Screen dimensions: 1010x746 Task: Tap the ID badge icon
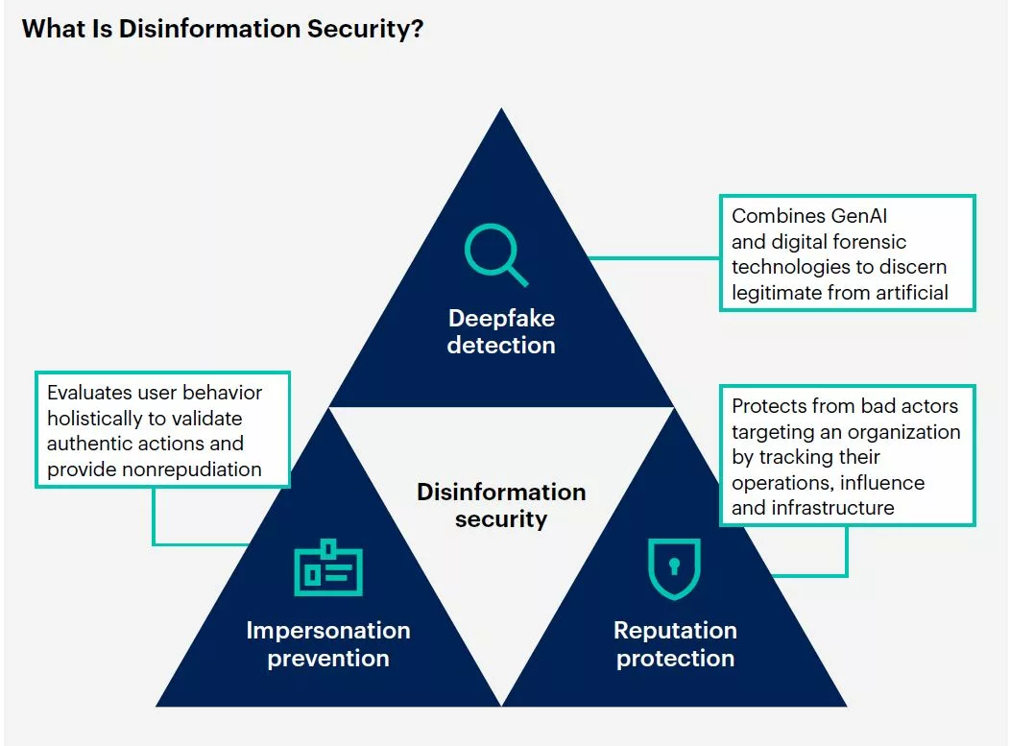(x=328, y=567)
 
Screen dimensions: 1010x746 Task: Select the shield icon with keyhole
(x=674, y=568)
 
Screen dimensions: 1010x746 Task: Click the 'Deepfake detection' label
(x=501, y=331)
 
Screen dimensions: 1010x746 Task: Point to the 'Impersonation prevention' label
(x=327, y=643)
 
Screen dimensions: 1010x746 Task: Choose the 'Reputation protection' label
(x=675, y=643)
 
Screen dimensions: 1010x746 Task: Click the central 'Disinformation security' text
(x=501, y=505)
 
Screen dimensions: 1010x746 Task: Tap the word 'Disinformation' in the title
(x=208, y=29)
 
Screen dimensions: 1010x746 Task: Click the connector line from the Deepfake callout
(x=655, y=258)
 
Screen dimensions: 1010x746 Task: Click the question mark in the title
(x=416, y=29)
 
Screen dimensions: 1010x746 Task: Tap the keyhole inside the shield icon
(x=674, y=566)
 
